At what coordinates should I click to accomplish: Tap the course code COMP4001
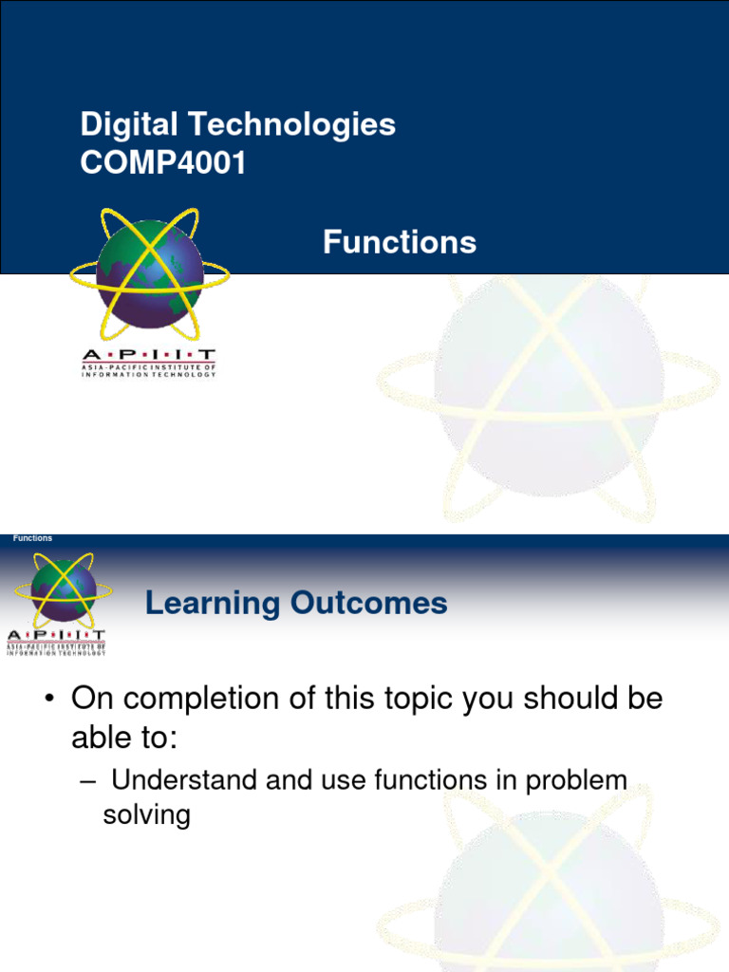pos(163,163)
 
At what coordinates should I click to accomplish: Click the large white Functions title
pos(399,243)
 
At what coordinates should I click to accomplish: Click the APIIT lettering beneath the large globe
pos(148,354)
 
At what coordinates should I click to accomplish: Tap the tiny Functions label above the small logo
pos(33,538)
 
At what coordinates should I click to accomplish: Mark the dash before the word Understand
pos(87,781)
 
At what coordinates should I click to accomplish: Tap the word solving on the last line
pos(146,815)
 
